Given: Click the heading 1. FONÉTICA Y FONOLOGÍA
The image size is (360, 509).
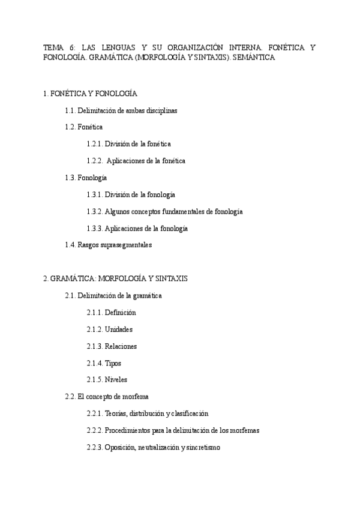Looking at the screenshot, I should point(91,94).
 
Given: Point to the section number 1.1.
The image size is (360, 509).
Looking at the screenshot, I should point(70,110).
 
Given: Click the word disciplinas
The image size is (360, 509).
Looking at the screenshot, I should point(159,110).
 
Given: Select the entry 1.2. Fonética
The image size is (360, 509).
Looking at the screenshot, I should point(83,127).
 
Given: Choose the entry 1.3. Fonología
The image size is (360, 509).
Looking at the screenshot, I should point(86,178).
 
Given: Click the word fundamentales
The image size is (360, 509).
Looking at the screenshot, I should point(179,211).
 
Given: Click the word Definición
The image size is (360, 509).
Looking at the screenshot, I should point(120,313).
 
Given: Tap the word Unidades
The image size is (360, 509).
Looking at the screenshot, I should point(119,330).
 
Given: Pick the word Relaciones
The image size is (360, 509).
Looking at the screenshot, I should point(121,346).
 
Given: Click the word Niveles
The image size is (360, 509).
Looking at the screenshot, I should point(116,380).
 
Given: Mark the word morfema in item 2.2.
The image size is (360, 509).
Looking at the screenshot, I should point(136,397).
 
